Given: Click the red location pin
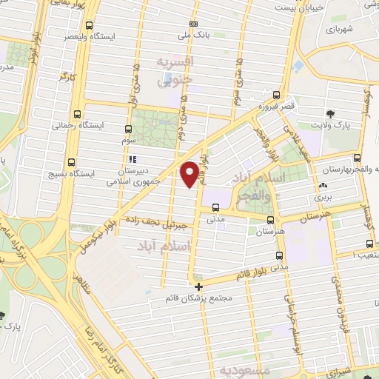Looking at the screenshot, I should coord(192,173).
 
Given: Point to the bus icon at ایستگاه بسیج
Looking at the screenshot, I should coord(71,162).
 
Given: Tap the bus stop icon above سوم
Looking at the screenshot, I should coord(128,127).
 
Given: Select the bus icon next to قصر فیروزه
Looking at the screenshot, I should coord(277,95).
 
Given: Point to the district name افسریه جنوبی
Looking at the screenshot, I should coord(175,70).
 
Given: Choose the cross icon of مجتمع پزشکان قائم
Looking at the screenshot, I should coord(198,286).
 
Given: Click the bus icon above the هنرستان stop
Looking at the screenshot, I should coord(269,220).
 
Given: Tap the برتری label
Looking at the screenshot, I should coord(320,198).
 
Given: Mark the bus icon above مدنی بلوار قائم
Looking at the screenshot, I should coord(278,256).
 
